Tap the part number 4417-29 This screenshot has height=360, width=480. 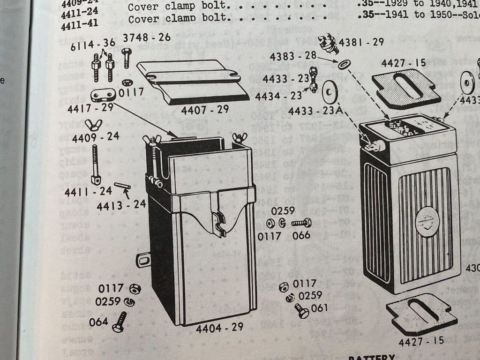tap(91, 108)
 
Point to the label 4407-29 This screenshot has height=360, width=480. tap(205, 110)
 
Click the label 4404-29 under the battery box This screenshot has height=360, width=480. tap(219, 327)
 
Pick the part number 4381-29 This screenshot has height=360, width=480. tap(361, 42)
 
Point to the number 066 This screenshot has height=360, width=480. tap(301, 235)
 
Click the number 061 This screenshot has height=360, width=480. tap(319, 308)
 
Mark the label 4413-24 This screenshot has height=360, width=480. tap(121, 205)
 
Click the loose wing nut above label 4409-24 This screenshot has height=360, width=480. tap(94, 125)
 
